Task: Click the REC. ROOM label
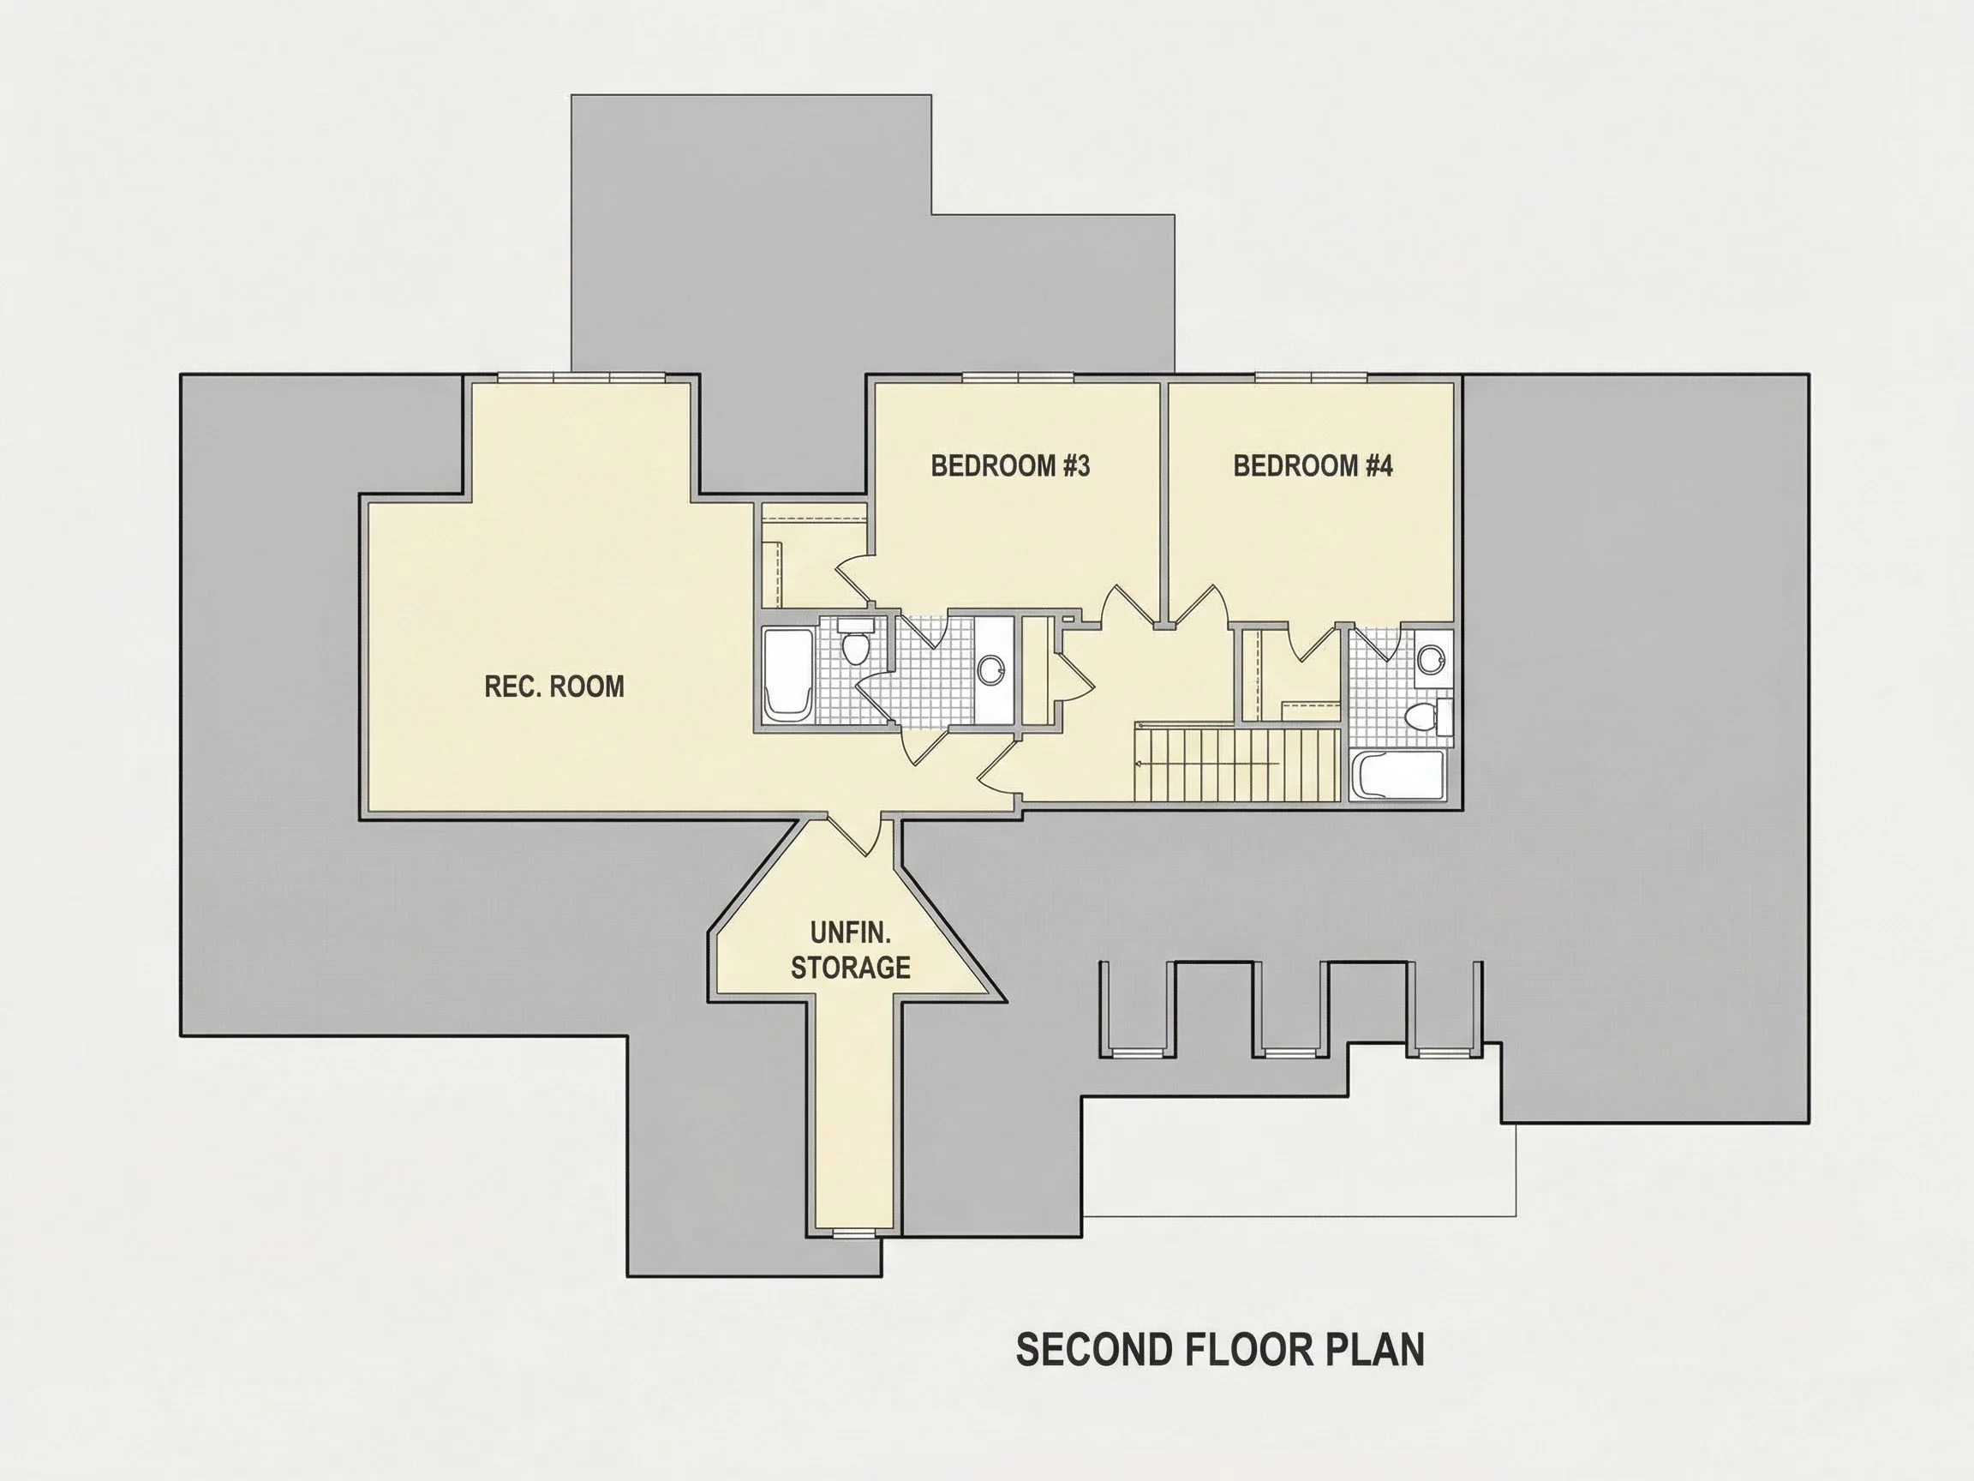tap(554, 686)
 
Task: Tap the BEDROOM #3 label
tap(1010, 465)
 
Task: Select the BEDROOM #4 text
tap(1313, 465)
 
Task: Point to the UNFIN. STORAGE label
tap(851, 950)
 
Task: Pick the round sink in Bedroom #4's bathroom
tap(1432, 660)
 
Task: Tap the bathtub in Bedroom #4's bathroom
tap(1397, 775)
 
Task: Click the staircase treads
tap(1237, 765)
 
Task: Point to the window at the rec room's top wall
tap(582, 377)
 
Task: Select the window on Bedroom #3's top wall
tap(1017, 377)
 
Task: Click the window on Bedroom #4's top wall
tap(1311, 377)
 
